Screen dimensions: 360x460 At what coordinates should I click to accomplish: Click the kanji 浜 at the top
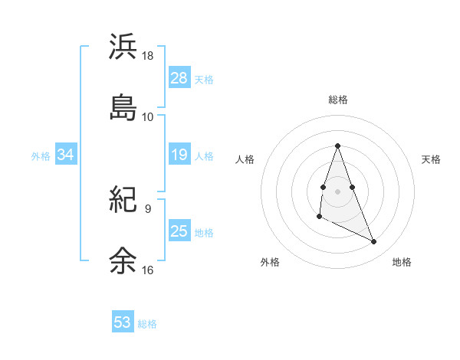(x=123, y=47)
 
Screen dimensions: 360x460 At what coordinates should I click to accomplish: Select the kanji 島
(x=123, y=107)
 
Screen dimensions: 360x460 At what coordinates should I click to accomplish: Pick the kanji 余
(x=123, y=260)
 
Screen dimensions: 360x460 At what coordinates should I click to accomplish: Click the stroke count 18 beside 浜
(x=148, y=57)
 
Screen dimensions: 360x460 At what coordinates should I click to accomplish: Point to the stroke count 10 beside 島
(x=148, y=116)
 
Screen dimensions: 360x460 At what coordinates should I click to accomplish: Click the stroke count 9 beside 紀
(x=147, y=208)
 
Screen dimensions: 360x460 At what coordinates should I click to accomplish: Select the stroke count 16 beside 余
(x=148, y=270)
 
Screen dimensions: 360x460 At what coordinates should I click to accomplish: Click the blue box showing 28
(x=179, y=78)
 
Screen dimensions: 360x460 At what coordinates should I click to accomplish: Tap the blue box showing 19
(x=179, y=155)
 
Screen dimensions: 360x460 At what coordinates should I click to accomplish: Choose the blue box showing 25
(x=179, y=231)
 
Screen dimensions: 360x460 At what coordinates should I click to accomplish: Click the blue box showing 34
(x=66, y=155)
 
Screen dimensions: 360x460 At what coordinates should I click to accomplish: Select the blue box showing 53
(x=123, y=322)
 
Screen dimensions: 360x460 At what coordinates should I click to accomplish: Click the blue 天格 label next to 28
(x=204, y=80)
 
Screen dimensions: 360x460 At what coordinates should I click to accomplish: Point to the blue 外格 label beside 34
(x=41, y=156)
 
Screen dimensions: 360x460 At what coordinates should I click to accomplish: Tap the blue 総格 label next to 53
(x=147, y=324)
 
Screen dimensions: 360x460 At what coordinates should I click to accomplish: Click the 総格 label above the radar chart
(x=338, y=100)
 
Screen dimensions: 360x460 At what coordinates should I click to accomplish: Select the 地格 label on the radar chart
(x=402, y=262)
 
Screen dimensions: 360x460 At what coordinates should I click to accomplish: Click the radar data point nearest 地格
(x=374, y=242)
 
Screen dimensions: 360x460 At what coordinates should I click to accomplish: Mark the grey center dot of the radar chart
(x=337, y=190)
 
